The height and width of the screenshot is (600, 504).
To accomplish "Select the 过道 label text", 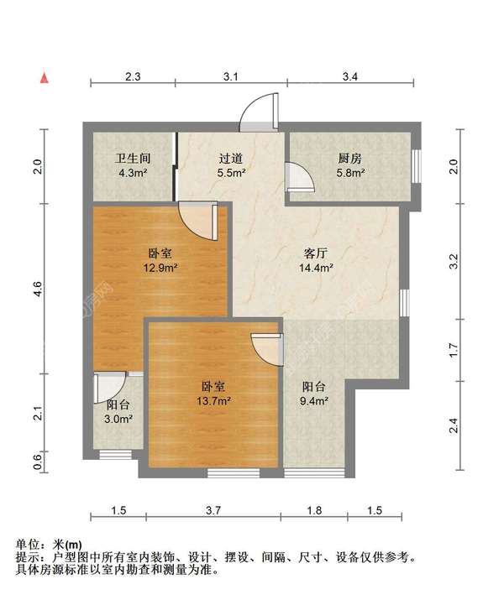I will [231, 158].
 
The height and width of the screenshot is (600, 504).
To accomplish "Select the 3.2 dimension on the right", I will [454, 262].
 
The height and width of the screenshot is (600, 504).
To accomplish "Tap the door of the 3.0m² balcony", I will [108, 387].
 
